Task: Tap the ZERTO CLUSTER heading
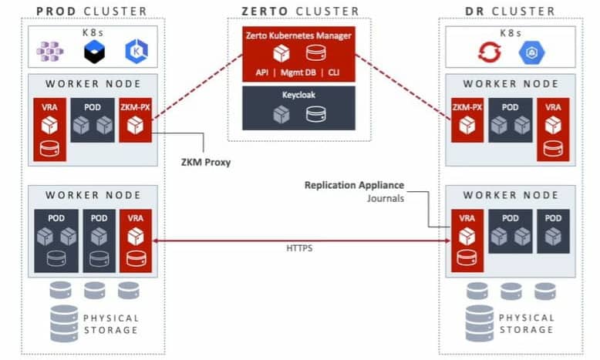(300, 11)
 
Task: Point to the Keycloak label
(298, 93)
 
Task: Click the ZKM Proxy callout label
(201, 162)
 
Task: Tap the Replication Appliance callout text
(354, 185)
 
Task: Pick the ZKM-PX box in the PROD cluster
(136, 120)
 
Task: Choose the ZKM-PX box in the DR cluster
(467, 120)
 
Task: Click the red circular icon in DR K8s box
(490, 52)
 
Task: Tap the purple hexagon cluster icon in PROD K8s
(51, 52)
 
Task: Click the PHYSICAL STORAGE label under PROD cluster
(111, 324)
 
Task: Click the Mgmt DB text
(298, 71)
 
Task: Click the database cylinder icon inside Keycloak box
(315, 113)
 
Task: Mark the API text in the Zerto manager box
(263, 71)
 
